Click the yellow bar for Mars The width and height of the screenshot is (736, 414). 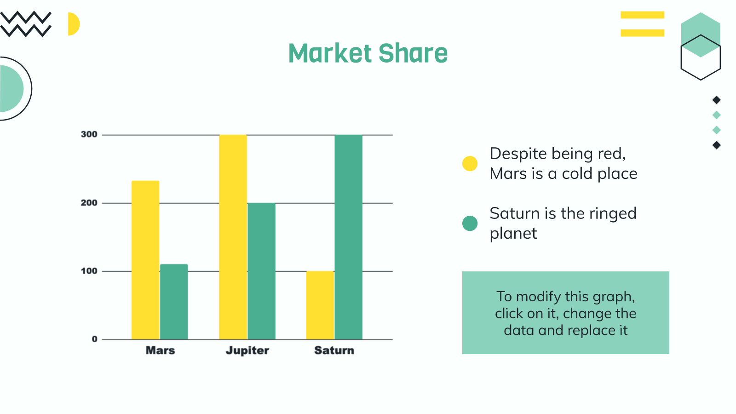pos(145,260)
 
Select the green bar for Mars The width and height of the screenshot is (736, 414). pos(174,302)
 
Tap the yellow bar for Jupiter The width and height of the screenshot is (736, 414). pos(233,237)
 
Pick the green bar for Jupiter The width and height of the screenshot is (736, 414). pos(262,271)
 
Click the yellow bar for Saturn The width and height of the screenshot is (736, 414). pos(320,305)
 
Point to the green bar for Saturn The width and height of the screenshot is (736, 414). pos(349,237)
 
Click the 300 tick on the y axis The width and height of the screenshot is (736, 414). pos(89,134)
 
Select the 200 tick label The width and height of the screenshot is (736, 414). pos(89,203)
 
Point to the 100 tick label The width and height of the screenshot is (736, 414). pos(89,271)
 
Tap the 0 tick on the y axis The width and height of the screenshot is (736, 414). pos(95,339)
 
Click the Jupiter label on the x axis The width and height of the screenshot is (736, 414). pos(247,351)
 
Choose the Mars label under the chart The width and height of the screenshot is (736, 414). pos(161,350)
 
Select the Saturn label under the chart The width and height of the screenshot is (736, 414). pos(334,350)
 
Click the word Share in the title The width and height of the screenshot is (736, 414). pos(413,53)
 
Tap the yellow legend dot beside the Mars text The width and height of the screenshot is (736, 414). pos(470,164)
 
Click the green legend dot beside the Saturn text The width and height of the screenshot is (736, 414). pos(470,224)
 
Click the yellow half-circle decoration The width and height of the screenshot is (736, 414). pos(74,24)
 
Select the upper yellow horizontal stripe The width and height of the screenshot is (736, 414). pos(642,15)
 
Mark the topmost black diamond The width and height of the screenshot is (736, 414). pos(717,100)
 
